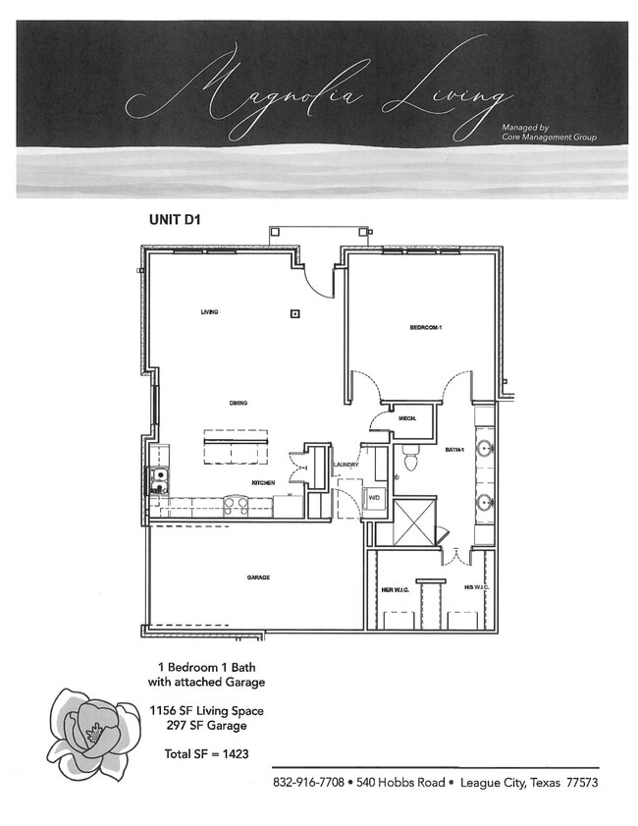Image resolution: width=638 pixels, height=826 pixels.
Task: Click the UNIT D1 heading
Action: (175, 220)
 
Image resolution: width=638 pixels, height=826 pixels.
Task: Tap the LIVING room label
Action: (209, 312)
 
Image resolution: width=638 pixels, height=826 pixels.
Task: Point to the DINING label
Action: (238, 403)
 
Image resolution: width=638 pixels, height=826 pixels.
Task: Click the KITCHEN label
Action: (262, 483)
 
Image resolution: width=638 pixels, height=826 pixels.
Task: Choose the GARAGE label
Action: (258, 578)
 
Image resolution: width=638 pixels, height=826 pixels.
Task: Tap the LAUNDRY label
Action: (346, 465)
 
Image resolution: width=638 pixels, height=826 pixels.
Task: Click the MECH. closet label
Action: (407, 419)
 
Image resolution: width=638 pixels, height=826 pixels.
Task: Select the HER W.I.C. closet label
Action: (395, 590)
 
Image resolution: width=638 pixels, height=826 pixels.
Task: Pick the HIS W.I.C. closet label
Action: (476, 587)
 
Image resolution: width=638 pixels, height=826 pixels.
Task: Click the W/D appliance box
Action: (374, 498)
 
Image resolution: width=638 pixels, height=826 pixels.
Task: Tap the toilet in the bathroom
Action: (411, 460)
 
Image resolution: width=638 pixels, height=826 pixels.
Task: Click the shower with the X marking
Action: (413, 521)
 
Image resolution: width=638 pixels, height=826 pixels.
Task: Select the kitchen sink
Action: (157, 480)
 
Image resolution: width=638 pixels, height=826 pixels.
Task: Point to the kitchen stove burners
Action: (236, 505)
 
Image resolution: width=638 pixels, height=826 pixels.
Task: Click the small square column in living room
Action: (293, 314)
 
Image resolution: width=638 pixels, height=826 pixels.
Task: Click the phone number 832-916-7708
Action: (308, 783)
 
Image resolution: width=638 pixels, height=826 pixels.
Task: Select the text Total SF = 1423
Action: (206, 753)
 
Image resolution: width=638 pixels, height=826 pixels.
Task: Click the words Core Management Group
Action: (549, 138)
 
